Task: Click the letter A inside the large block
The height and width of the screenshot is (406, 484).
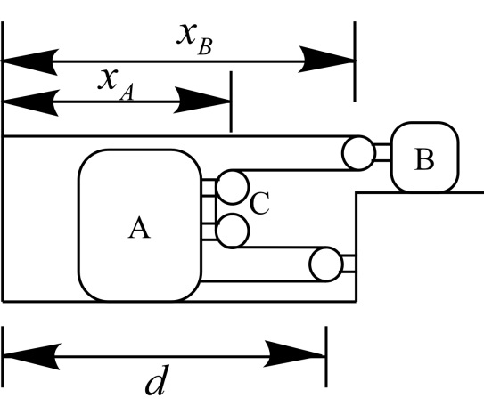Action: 139,227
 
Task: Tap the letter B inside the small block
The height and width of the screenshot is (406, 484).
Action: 424,159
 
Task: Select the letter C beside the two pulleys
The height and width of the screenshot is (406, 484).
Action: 259,203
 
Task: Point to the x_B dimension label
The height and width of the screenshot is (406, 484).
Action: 194,39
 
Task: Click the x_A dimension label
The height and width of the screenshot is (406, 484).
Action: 116,85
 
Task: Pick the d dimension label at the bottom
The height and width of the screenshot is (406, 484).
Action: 158,380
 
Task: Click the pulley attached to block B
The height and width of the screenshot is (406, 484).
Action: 358,153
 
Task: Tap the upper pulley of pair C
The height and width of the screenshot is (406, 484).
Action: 233,187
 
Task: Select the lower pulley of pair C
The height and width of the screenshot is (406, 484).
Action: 233,231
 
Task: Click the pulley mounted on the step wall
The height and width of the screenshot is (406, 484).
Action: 325,264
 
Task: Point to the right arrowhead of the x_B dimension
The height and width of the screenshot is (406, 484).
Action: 327,60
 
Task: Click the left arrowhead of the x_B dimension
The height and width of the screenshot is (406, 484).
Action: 30,61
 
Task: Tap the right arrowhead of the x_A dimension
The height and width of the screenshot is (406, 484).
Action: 202,101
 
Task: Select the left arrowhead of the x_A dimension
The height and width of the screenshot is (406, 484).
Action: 30,102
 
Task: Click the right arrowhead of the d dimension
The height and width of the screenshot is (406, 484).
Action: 294,354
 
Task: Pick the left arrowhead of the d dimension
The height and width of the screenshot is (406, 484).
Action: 31,356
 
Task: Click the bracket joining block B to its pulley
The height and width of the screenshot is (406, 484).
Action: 382,152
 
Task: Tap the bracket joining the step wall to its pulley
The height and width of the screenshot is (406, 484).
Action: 349,264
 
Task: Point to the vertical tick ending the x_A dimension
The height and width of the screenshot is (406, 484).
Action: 231,101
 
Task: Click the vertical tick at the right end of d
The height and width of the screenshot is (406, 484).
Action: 326,356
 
